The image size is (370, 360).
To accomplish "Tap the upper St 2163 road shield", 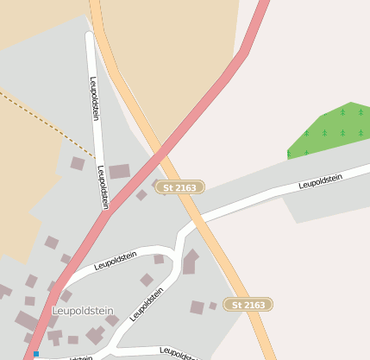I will coord(179,187).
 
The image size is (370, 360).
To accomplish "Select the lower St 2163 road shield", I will coord(248,304).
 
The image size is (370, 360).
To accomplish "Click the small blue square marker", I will coord(36,354).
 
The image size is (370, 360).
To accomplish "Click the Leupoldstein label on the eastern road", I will coord(320,181).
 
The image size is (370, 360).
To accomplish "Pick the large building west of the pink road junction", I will coord(119,172).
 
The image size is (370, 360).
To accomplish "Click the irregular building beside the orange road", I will coord(190,262).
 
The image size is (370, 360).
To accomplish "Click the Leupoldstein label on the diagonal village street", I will coord(147,304).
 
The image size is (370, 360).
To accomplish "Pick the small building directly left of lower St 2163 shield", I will coord(213,305).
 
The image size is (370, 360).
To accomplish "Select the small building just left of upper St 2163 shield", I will coord(142,195).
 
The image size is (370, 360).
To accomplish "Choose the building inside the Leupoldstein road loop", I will coord(147,280).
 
